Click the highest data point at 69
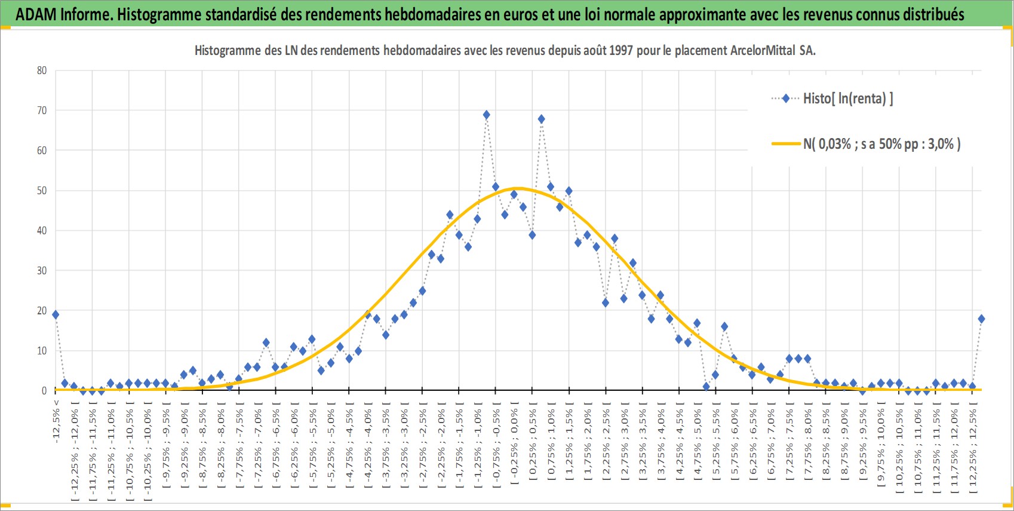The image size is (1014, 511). pos(486,115)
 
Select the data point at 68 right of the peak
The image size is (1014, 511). pos(542,119)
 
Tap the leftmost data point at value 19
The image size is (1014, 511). pos(55,315)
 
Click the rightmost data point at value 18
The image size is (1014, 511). pos(981,319)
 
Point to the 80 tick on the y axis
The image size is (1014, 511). pos(42,71)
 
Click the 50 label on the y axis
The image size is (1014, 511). pos(42,191)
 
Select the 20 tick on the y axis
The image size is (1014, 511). pos(42,311)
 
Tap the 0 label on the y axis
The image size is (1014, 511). pos(44,390)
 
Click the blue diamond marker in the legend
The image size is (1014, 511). pos(786,98)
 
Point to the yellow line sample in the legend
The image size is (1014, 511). pos(786,143)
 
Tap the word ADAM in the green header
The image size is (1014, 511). pos(36,14)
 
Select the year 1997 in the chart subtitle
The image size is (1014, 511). pos(621,50)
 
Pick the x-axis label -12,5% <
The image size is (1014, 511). pos(56,421)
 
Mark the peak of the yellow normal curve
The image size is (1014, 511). pos(518,188)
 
